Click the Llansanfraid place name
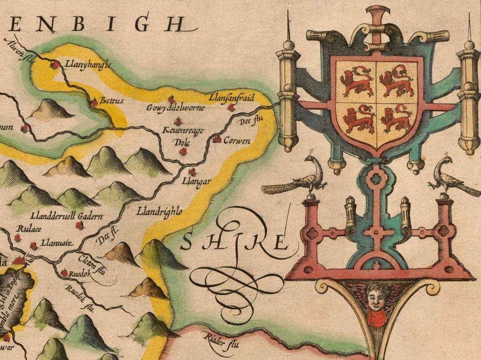pos(232,96)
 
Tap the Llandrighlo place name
pos(159,212)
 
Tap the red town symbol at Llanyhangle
pos(55,65)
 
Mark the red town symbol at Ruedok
pos(64,273)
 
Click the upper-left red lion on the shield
pos(356,81)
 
